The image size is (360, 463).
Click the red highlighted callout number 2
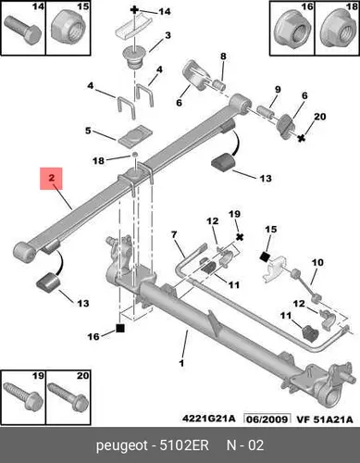(51, 178)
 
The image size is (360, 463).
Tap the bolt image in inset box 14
(23, 30)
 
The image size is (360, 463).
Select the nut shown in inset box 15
(68, 30)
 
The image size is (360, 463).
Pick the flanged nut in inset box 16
(292, 31)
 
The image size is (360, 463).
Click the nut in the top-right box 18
(337, 31)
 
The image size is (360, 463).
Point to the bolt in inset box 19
(23, 397)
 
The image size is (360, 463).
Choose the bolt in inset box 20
(68, 397)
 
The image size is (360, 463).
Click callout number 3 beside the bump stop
(168, 35)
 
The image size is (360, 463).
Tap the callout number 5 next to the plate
(88, 131)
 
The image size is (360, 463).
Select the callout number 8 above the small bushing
(223, 56)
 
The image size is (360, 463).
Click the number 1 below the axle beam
(181, 363)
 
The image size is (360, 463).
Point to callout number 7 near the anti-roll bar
(174, 235)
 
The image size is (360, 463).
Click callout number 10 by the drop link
(317, 263)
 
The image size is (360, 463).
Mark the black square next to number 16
(120, 328)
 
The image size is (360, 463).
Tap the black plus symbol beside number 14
(134, 10)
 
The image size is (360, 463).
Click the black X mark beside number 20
(302, 138)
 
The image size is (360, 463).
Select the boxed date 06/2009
(267, 419)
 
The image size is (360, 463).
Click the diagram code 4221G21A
(208, 419)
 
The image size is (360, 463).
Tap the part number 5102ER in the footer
(184, 445)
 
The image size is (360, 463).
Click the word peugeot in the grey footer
(122, 446)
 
